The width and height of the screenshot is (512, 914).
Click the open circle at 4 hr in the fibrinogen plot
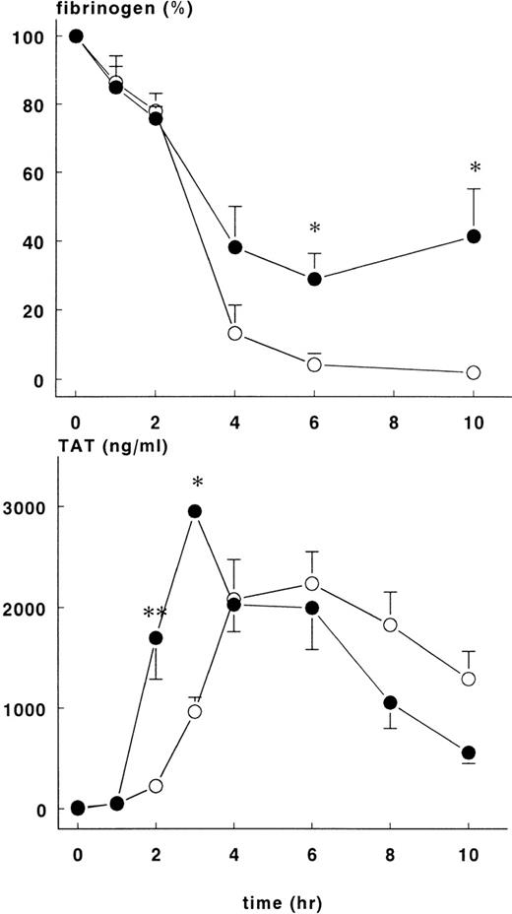[235, 333]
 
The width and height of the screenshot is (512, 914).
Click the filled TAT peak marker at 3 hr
[195, 511]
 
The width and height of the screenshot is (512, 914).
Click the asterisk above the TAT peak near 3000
[198, 483]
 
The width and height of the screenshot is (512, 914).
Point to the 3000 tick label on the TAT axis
[28, 506]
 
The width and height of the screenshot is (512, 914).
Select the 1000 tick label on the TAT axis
[28, 708]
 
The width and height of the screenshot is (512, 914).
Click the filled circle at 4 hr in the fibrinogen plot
[235, 247]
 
